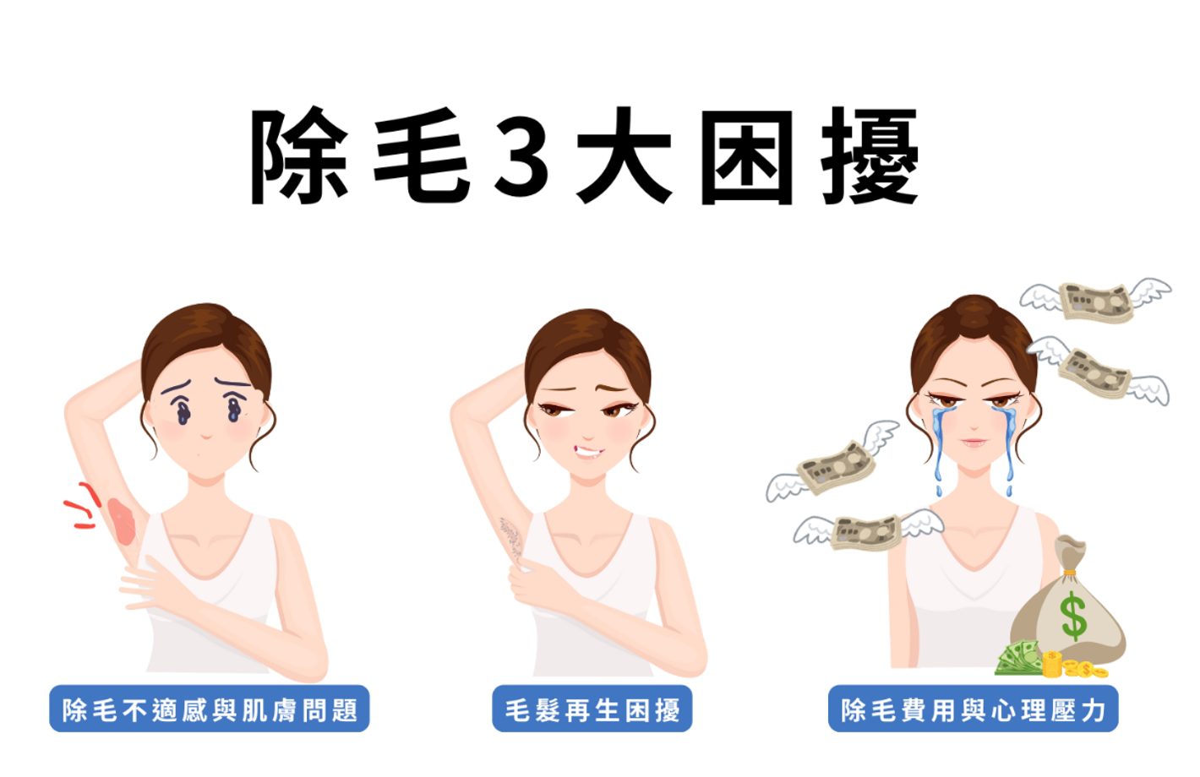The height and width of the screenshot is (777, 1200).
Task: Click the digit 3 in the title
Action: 522,157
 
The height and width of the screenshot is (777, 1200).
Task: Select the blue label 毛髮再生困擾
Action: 592,709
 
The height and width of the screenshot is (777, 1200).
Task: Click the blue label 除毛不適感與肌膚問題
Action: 210,709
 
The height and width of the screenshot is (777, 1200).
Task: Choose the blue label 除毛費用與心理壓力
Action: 973,709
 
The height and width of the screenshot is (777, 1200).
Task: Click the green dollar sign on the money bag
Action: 1073,616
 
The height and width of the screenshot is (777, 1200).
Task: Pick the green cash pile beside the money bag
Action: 1018,659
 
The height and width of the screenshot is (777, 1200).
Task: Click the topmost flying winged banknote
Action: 1095,300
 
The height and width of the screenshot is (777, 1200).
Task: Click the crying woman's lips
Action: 973,442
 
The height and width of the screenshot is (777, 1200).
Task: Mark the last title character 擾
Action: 870,157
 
